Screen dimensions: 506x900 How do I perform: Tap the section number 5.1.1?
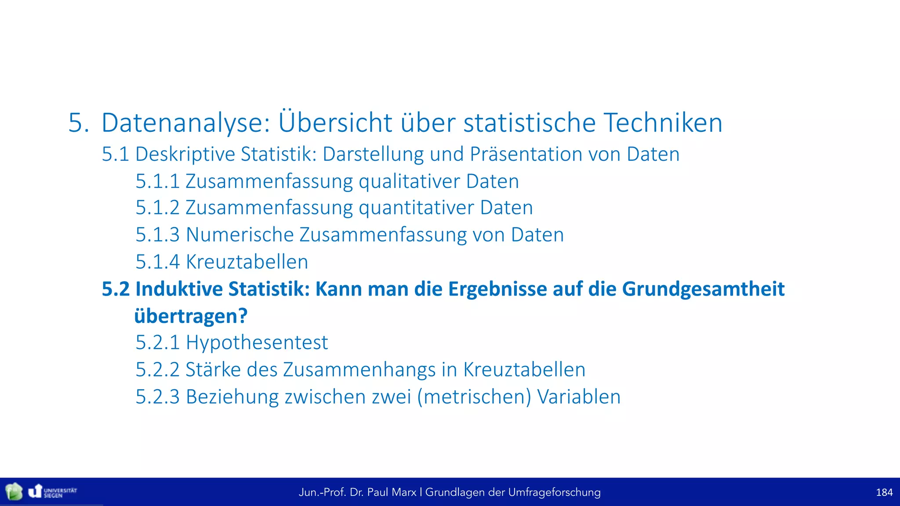(x=157, y=181)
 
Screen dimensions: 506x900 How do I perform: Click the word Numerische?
(x=240, y=235)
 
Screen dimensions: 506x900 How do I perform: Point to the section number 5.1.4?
(x=157, y=262)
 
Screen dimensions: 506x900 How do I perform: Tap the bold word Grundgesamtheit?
(x=703, y=289)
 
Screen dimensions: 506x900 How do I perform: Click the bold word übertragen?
(x=191, y=316)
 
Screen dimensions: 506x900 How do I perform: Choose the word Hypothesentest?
(x=257, y=343)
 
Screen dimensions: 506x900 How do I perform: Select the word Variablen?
(x=579, y=397)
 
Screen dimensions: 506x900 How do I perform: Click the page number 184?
(x=884, y=492)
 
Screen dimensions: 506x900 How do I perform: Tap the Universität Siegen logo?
(x=52, y=492)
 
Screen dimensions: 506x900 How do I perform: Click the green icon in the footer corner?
(x=14, y=492)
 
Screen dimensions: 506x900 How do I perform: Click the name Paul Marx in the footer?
(x=392, y=492)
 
